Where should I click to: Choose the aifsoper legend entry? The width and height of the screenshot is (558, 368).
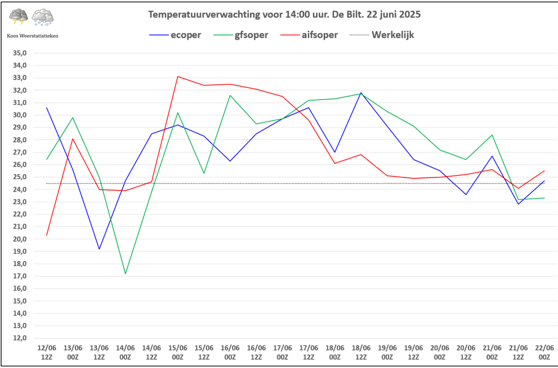pos(319,35)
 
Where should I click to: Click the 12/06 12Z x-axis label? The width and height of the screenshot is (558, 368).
pos(47,352)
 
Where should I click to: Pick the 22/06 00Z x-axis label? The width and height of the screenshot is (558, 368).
pos(544,352)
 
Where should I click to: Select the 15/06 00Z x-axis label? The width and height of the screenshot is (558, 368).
pos(178,352)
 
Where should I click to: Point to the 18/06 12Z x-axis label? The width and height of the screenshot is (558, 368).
pos(361,352)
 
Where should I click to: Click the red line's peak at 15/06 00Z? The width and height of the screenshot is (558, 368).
pos(178,76)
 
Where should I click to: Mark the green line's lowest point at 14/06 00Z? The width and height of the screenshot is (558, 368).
pos(125,273)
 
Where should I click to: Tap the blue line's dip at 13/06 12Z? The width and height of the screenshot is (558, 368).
pos(99,249)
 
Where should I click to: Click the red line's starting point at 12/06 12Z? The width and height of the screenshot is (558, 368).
pos(47,235)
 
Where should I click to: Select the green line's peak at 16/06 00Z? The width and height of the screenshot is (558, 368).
pos(230,95)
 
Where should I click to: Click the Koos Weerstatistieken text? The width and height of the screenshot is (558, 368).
pos(33,35)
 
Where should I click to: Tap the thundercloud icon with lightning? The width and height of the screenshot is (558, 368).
pos(19,17)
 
